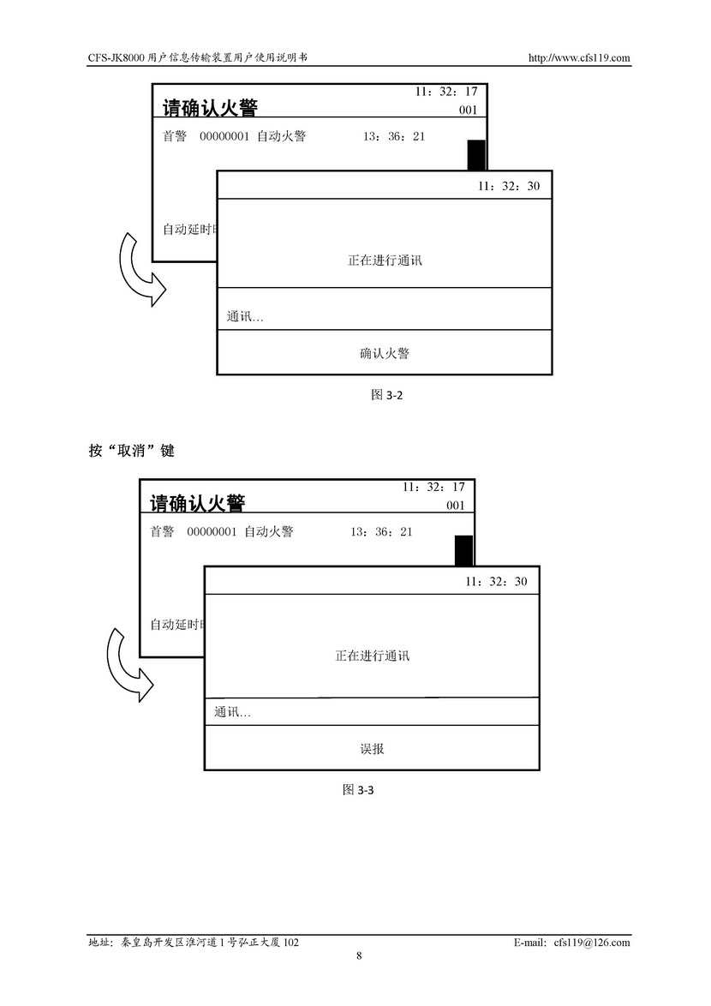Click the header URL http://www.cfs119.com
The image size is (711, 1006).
tap(580, 58)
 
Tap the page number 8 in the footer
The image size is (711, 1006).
tap(359, 956)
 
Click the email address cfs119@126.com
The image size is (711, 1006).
tap(592, 942)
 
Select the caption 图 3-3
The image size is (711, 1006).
tap(358, 790)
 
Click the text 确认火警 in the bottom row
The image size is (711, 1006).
tap(385, 353)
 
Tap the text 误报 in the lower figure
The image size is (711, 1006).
tap(372, 749)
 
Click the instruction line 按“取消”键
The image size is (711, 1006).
tap(131, 450)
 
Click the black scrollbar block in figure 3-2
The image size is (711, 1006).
tap(476, 155)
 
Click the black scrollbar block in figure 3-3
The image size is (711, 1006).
tap(463, 550)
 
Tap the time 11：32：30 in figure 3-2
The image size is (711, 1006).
tap(509, 186)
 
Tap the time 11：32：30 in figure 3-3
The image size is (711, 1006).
tap(497, 582)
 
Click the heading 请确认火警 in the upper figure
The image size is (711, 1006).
tap(210, 108)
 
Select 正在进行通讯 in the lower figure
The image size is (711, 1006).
tap(372, 656)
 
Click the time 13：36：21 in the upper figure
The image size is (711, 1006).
tap(394, 136)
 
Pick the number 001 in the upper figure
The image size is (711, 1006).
tap(468, 111)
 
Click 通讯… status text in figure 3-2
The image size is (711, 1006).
tap(245, 317)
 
